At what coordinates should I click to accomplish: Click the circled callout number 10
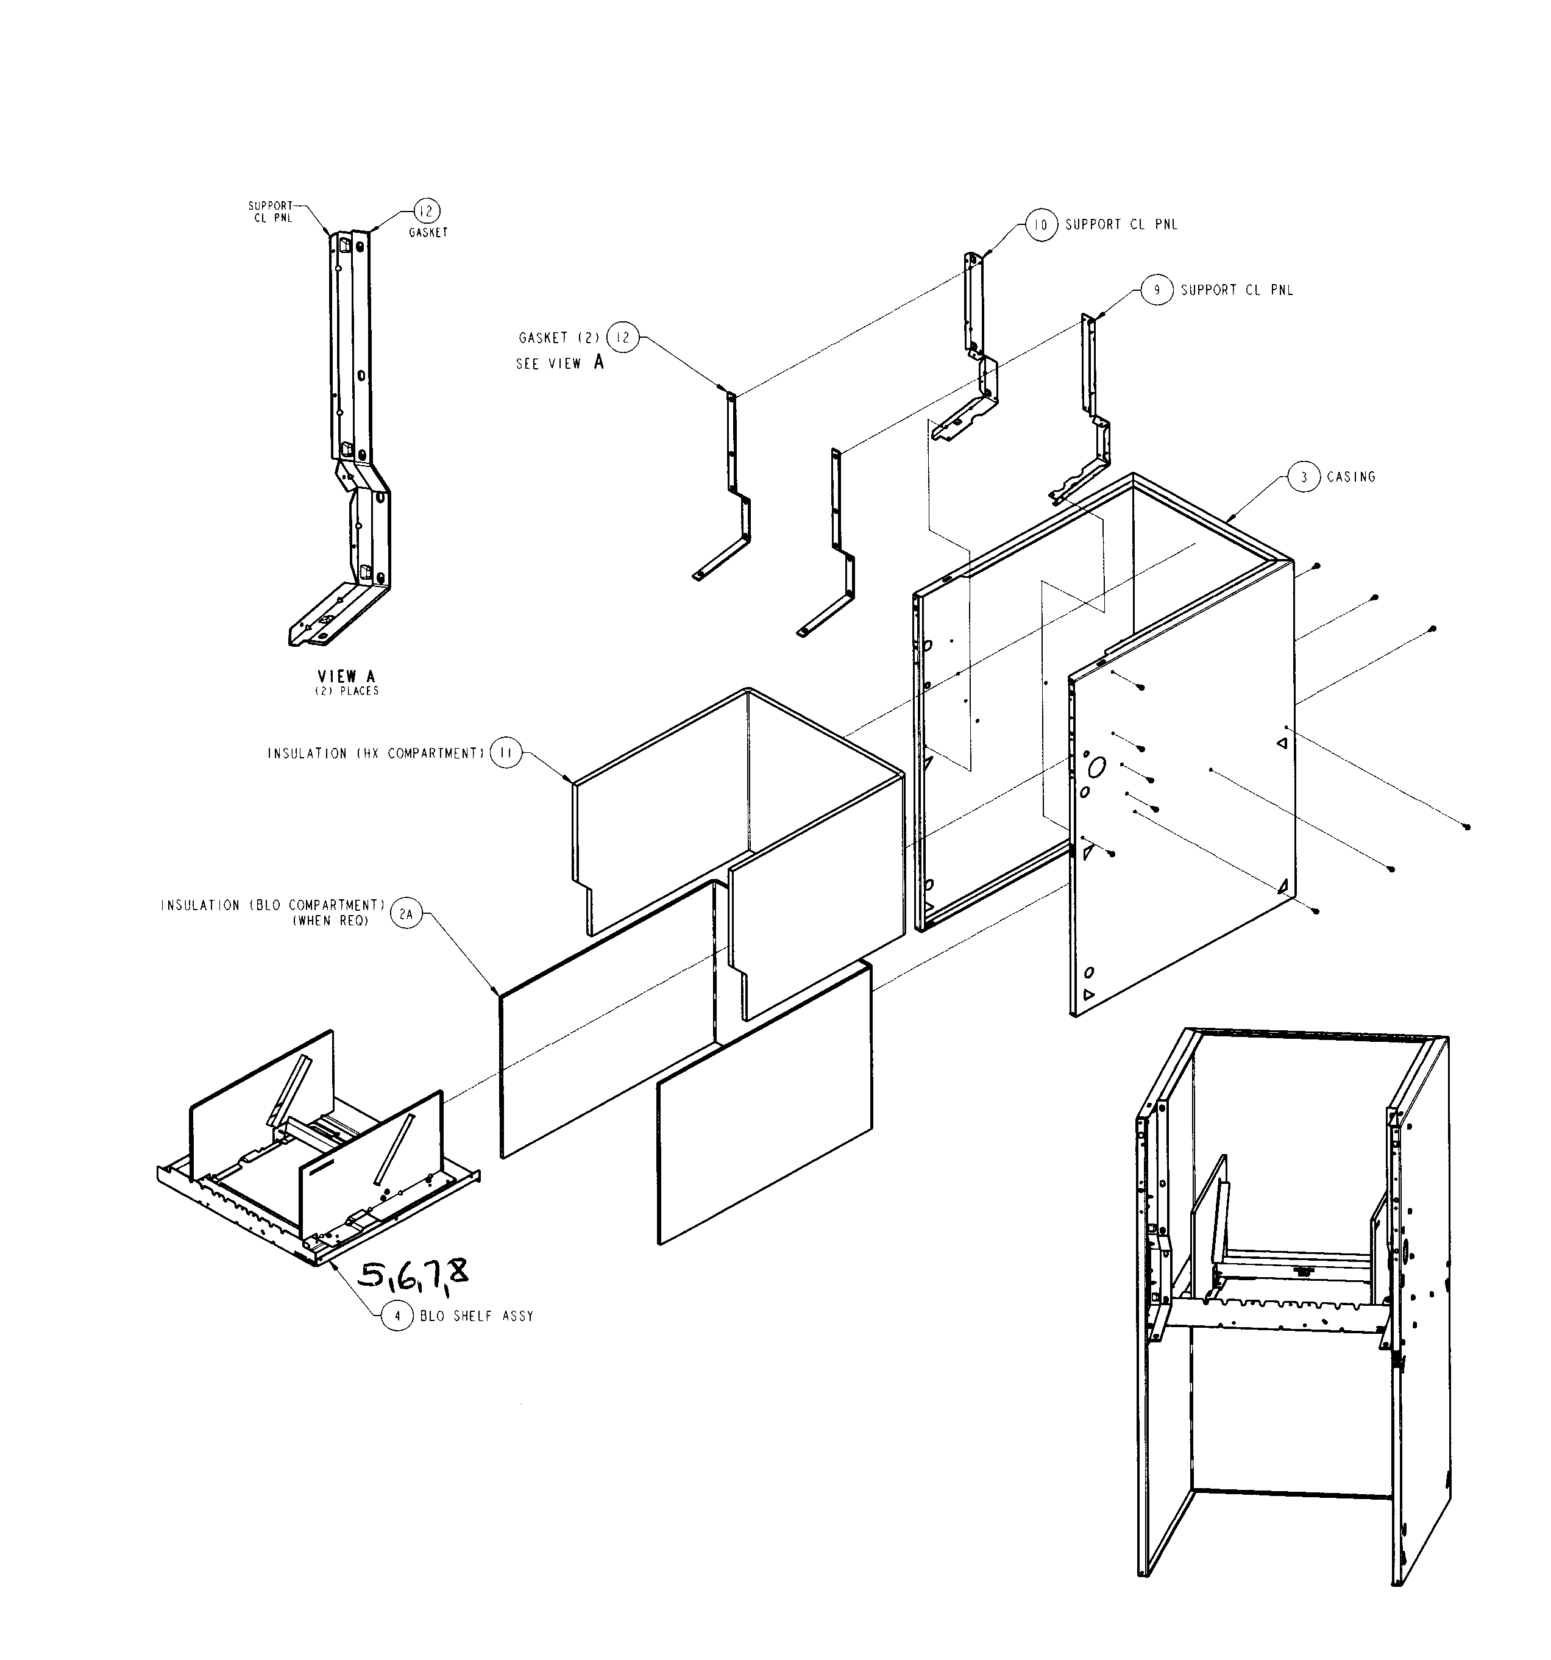[1041, 224]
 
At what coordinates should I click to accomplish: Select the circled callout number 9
[1156, 291]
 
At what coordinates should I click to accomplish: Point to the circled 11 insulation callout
[506, 753]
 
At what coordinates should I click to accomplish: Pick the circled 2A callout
[406, 914]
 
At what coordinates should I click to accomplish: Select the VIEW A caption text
[346, 676]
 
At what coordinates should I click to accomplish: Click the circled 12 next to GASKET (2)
[622, 337]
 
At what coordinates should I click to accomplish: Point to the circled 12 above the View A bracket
[427, 212]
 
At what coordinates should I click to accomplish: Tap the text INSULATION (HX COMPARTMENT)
[375, 753]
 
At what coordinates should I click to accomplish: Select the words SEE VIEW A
[559, 363]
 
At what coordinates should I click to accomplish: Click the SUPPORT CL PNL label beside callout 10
[1121, 224]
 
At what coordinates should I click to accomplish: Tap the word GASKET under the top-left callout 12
[428, 233]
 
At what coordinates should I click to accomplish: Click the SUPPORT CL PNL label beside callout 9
[1237, 291]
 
